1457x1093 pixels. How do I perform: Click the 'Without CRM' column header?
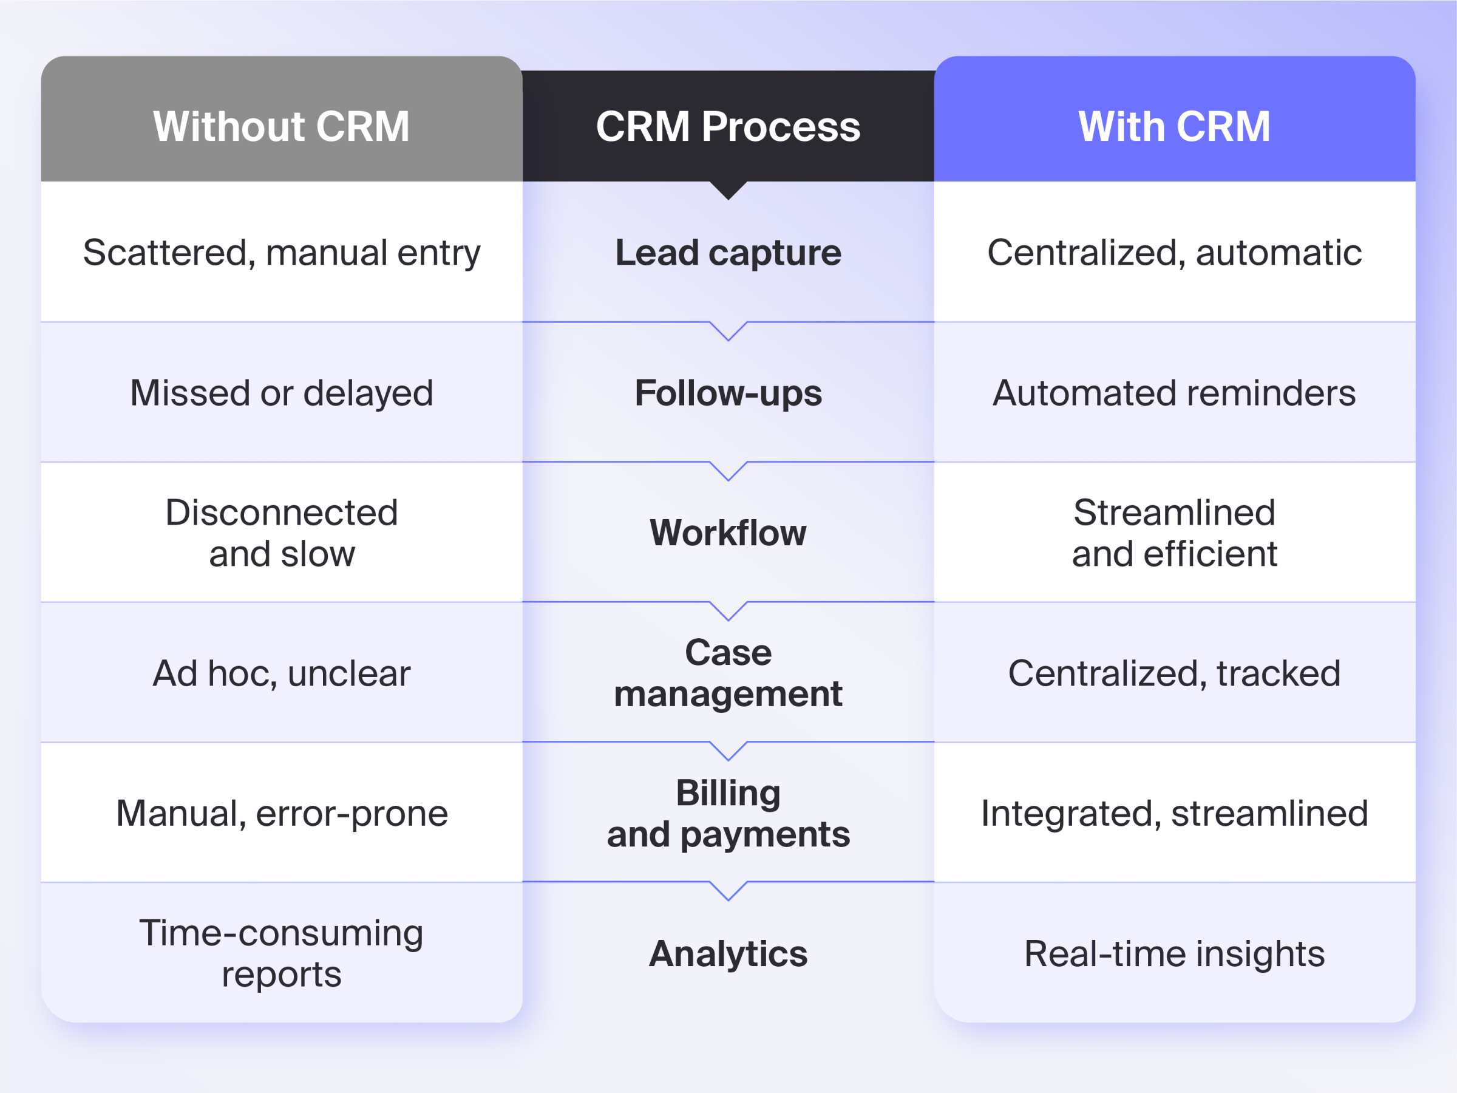[x=281, y=126]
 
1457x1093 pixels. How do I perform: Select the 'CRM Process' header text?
[x=728, y=126]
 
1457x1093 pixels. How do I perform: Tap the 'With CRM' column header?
[x=1173, y=126]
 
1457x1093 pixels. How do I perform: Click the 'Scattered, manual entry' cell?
[x=281, y=253]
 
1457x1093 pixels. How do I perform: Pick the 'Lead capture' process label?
[x=728, y=253]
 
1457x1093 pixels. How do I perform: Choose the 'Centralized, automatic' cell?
[x=1173, y=253]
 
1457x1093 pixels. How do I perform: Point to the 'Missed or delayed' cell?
[x=281, y=393]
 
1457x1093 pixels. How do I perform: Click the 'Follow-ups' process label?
[x=728, y=393]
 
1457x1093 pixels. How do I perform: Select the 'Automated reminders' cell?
[x=1173, y=393]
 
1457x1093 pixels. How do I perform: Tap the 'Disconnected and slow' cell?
[x=281, y=533]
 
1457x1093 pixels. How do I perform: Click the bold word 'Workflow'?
[x=728, y=533]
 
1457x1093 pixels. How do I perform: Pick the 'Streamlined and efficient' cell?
[x=1173, y=533]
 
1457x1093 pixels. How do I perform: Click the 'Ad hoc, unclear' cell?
[x=281, y=673]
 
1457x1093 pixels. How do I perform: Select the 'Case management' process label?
[x=728, y=673]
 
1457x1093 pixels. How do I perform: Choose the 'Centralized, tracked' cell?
[x=1173, y=673]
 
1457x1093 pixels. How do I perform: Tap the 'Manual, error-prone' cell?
[x=281, y=813]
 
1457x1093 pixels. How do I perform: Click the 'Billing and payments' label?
[x=728, y=813]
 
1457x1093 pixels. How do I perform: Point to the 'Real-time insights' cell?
[x=1173, y=953]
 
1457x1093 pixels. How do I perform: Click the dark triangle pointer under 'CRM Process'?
[x=728, y=189]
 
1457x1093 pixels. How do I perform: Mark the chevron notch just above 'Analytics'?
[x=728, y=891]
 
